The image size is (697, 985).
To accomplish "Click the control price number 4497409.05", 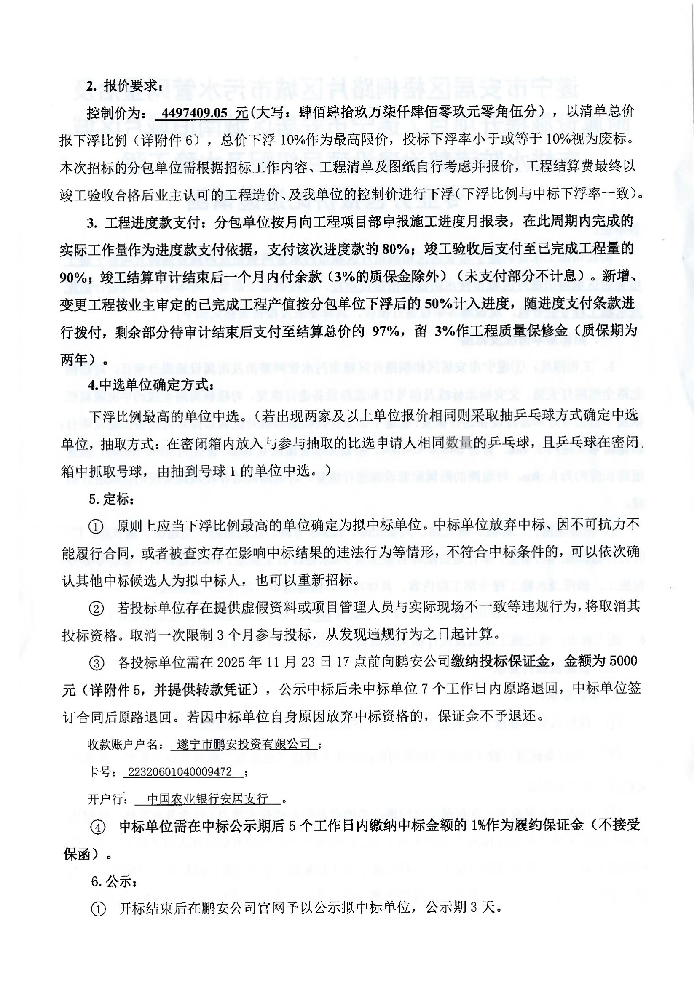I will click(x=194, y=113).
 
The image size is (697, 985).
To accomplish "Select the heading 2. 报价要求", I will click(x=124, y=86).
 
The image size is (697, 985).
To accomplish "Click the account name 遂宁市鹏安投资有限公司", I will click(x=244, y=744).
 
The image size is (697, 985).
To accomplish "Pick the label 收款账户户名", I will click(x=124, y=744).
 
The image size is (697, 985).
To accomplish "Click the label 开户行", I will click(x=107, y=799).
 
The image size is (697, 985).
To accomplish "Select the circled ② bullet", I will click(x=96, y=609).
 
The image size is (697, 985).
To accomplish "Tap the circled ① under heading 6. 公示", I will click(x=98, y=910).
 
